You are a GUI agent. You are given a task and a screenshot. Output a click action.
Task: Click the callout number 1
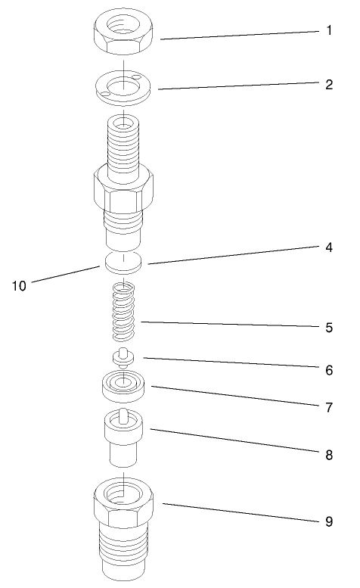pyautogui.click(x=328, y=32)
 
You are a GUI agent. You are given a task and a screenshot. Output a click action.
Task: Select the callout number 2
pyautogui.click(x=328, y=84)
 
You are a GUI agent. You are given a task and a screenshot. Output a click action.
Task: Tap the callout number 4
pyautogui.click(x=328, y=247)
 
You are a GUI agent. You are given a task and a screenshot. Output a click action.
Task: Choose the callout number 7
pyautogui.click(x=328, y=407)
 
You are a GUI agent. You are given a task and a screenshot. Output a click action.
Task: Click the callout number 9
pyautogui.click(x=328, y=521)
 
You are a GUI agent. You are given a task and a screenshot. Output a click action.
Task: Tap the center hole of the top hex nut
pyautogui.click(x=123, y=25)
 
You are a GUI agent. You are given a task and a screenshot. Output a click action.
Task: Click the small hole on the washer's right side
pyautogui.click(x=135, y=77)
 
